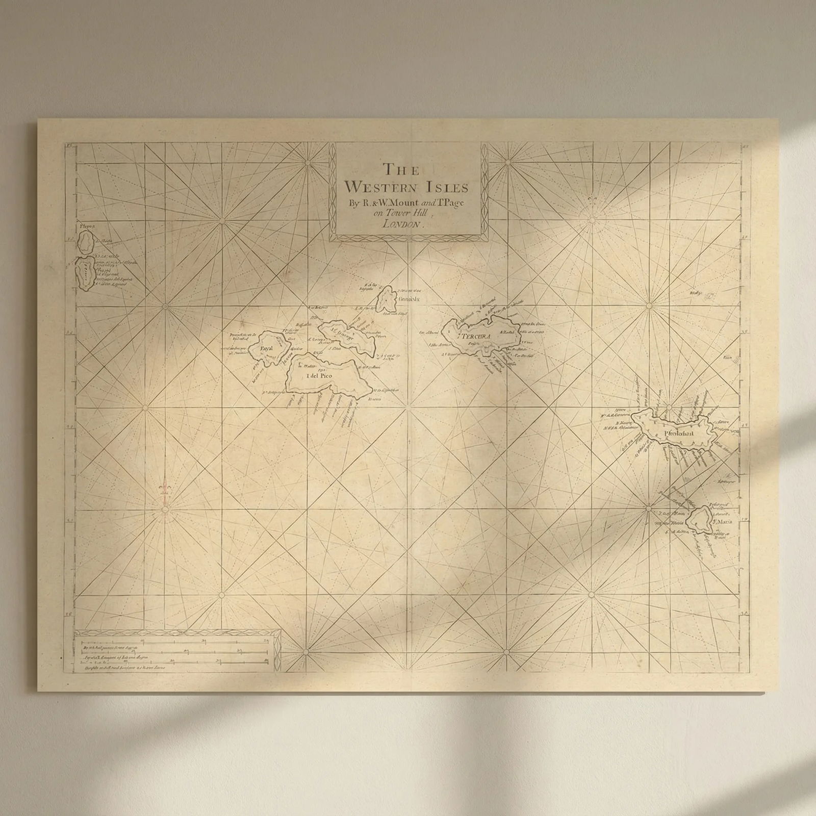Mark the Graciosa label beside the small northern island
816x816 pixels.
coord(408,300)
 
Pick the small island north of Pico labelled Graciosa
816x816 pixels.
coord(387,299)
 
